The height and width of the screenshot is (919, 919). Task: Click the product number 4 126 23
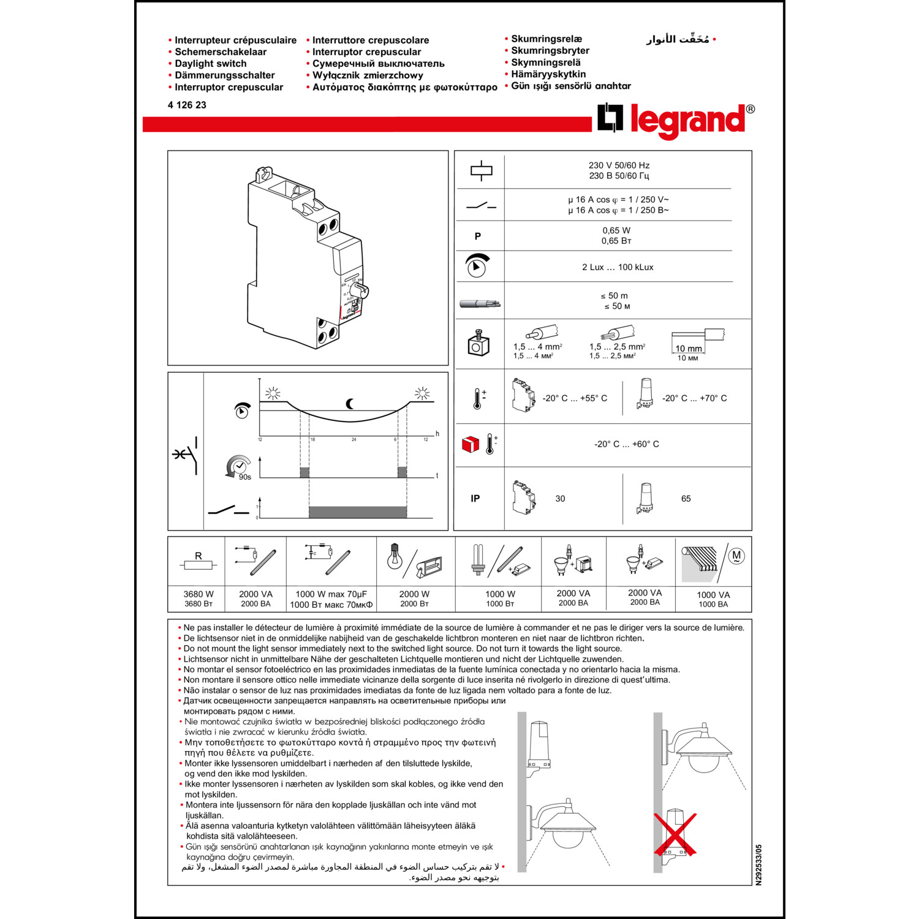(x=187, y=105)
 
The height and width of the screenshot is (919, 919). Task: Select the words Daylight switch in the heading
(x=210, y=64)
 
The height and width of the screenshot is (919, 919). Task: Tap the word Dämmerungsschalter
(x=224, y=75)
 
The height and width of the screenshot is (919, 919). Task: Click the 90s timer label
(x=244, y=477)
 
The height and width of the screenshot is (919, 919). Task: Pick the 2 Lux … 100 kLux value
(x=618, y=267)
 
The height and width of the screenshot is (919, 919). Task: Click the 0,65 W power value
(x=616, y=231)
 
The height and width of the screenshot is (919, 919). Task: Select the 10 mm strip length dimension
(x=688, y=349)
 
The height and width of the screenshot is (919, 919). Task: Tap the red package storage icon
(x=470, y=444)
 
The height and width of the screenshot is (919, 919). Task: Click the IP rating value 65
(x=686, y=499)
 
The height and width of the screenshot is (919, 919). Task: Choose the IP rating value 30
(x=560, y=499)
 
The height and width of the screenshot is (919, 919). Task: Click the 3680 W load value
(x=199, y=594)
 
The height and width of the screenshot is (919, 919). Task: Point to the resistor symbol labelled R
(x=198, y=564)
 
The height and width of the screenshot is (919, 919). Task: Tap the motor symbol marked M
(x=736, y=556)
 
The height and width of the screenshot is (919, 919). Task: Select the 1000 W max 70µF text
(x=331, y=594)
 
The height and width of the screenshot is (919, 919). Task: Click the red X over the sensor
(x=675, y=834)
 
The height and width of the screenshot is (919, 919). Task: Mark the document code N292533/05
(x=758, y=864)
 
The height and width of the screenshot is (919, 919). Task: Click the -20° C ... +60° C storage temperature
(x=626, y=444)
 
